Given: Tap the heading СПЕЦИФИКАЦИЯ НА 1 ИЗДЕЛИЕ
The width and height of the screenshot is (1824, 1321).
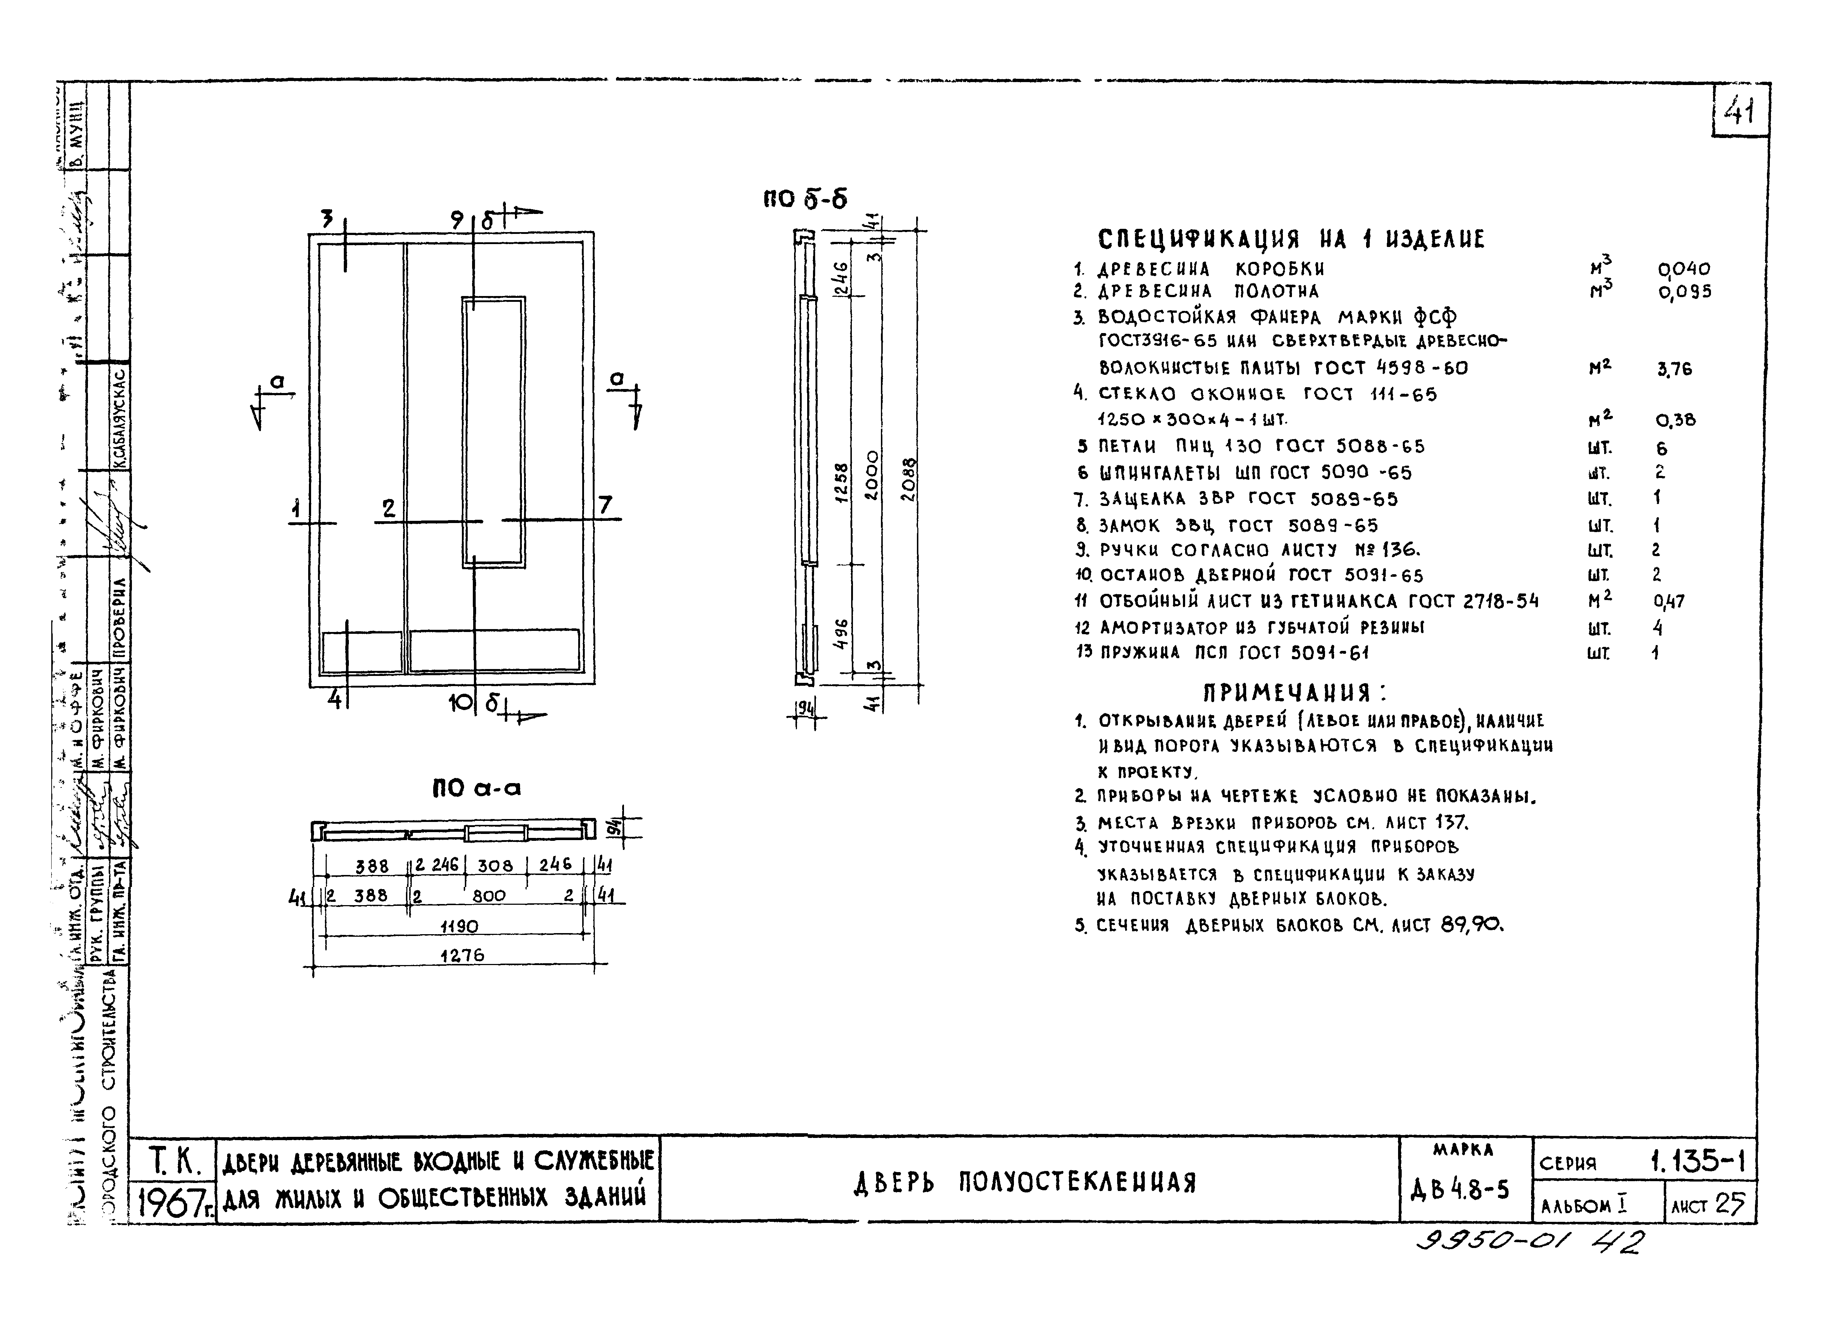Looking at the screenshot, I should pos(1291,239).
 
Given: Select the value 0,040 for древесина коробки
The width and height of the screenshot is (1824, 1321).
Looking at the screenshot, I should pos(1684,268).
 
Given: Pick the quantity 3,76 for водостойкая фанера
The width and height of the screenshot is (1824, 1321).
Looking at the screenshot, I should pos(1674,369).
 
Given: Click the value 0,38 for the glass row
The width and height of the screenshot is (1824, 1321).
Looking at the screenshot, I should pos(1675,420).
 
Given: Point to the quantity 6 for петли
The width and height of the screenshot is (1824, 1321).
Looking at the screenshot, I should pos(1662,449).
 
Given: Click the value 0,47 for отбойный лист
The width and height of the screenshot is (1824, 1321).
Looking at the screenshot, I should pos(1669,601).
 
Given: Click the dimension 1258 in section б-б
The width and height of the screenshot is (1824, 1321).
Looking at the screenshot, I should pos(841,482).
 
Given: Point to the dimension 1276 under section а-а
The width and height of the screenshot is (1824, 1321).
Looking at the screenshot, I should pos(462,955).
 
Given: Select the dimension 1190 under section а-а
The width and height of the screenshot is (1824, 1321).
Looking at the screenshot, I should pos(459,926).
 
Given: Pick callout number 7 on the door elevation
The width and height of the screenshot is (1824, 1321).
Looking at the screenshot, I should pos(605,505).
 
